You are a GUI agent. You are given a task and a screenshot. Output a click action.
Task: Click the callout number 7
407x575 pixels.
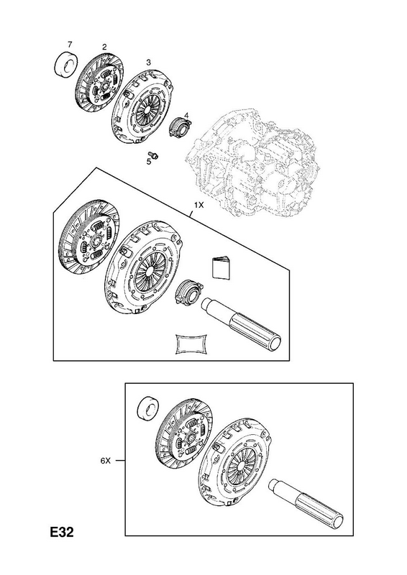69,45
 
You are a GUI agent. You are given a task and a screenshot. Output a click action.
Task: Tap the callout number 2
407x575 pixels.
104,47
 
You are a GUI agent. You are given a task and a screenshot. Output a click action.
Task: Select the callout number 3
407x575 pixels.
148,63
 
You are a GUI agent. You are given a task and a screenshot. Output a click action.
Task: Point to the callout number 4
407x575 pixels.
186,116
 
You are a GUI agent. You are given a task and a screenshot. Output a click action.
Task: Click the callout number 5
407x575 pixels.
149,162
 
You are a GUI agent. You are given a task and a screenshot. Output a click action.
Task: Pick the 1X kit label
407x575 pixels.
198,206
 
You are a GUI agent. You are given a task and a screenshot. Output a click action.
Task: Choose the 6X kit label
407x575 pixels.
105,461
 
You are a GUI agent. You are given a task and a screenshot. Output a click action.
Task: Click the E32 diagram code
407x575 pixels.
62,532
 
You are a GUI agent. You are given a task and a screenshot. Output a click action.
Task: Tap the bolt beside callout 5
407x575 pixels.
154,155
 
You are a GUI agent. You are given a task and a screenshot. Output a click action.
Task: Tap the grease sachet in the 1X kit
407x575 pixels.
191,344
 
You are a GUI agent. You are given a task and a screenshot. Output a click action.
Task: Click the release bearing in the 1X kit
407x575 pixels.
188,292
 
